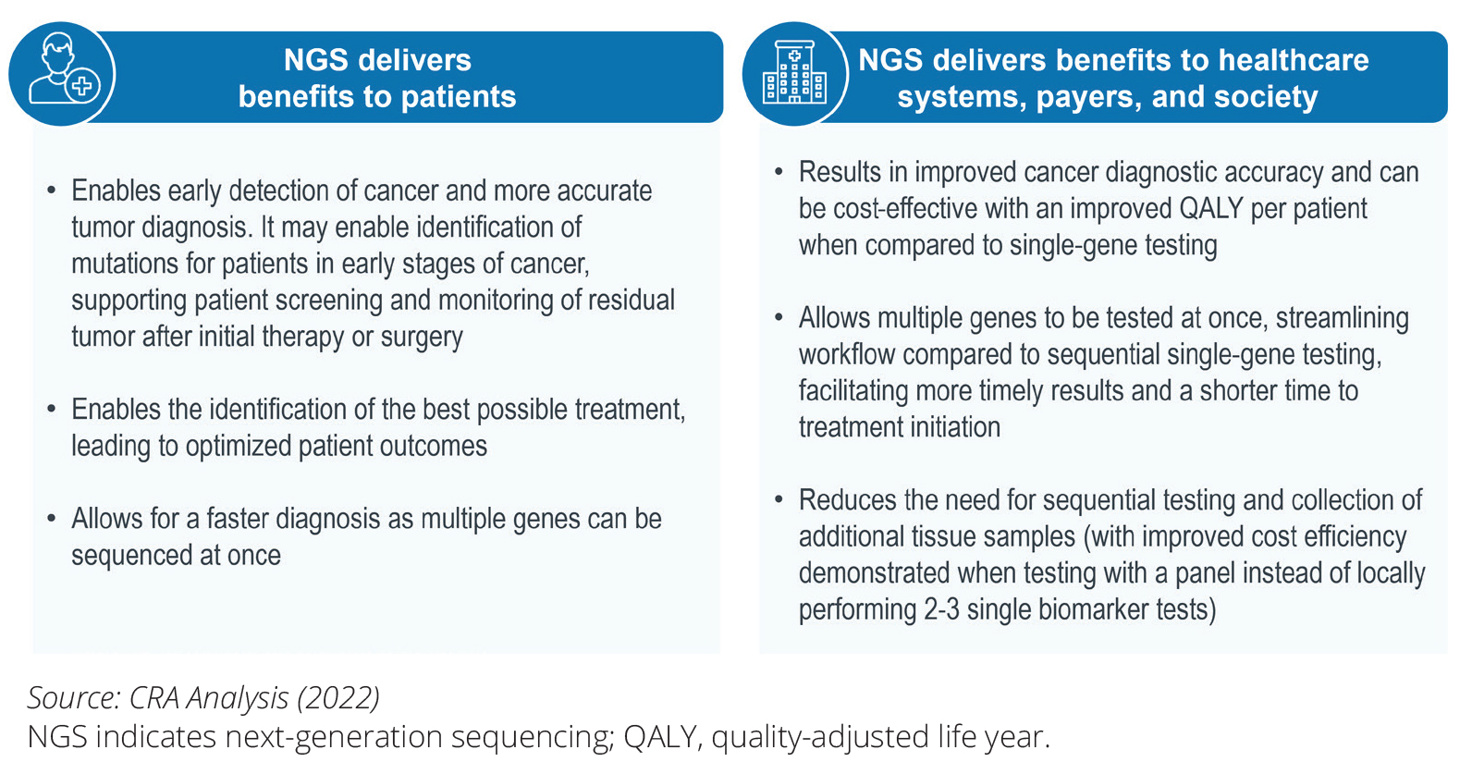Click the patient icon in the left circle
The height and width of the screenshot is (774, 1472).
pyautogui.click(x=64, y=69)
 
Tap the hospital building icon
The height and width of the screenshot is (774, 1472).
pyautogui.click(x=794, y=72)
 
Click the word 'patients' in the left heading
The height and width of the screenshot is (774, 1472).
pyautogui.click(x=459, y=96)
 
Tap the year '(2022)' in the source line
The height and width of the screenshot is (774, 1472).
pyautogui.click(x=337, y=697)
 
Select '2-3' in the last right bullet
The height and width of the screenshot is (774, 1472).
pyautogui.click(x=941, y=609)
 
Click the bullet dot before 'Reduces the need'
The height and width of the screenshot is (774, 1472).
pyautogui.click(x=779, y=500)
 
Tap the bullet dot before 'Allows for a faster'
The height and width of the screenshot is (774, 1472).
pyautogui.click(x=51, y=519)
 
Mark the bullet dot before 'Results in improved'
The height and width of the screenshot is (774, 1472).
pyautogui.click(x=779, y=172)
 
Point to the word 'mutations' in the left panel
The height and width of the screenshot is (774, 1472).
pyautogui.click(x=124, y=264)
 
